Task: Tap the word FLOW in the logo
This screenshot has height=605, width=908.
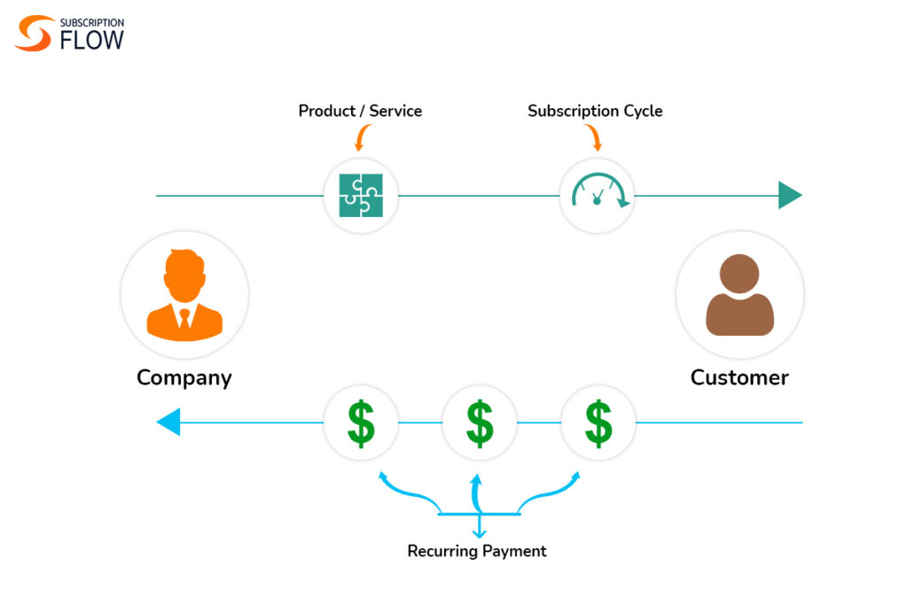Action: [92, 40]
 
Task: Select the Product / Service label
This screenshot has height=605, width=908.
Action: [360, 111]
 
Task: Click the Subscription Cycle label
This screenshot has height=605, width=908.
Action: [595, 111]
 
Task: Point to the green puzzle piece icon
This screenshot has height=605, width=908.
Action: [361, 195]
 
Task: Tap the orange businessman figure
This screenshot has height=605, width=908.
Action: [184, 295]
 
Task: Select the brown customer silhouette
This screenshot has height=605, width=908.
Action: [740, 295]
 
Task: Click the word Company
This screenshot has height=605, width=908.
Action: [184, 377]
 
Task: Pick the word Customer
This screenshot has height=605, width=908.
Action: [740, 377]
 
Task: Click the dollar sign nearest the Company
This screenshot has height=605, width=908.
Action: [361, 423]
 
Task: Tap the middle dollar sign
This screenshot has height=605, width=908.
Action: [480, 423]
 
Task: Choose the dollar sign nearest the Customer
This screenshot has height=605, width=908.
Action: [599, 423]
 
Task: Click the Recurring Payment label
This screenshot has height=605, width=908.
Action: [477, 551]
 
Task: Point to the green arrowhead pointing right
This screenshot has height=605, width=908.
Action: [789, 195]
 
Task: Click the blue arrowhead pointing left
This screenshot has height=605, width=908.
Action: [168, 423]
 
